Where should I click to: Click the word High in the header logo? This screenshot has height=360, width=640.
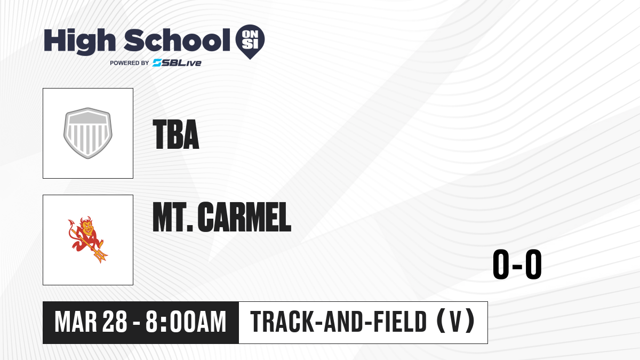[79, 41]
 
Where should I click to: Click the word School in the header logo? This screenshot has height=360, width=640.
[177, 40]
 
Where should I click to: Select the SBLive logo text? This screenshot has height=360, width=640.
[177, 63]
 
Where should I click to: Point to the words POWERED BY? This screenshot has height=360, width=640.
[130, 63]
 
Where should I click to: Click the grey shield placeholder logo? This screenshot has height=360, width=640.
[87, 133]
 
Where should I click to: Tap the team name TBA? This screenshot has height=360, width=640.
[176, 134]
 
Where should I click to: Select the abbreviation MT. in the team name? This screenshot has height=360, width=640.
[173, 217]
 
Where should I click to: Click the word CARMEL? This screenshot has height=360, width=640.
[245, 217]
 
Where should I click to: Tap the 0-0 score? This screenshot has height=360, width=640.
[517, 264]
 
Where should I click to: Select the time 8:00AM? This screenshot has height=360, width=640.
[186, 322]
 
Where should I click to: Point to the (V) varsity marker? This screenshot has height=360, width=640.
[455, 322]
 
